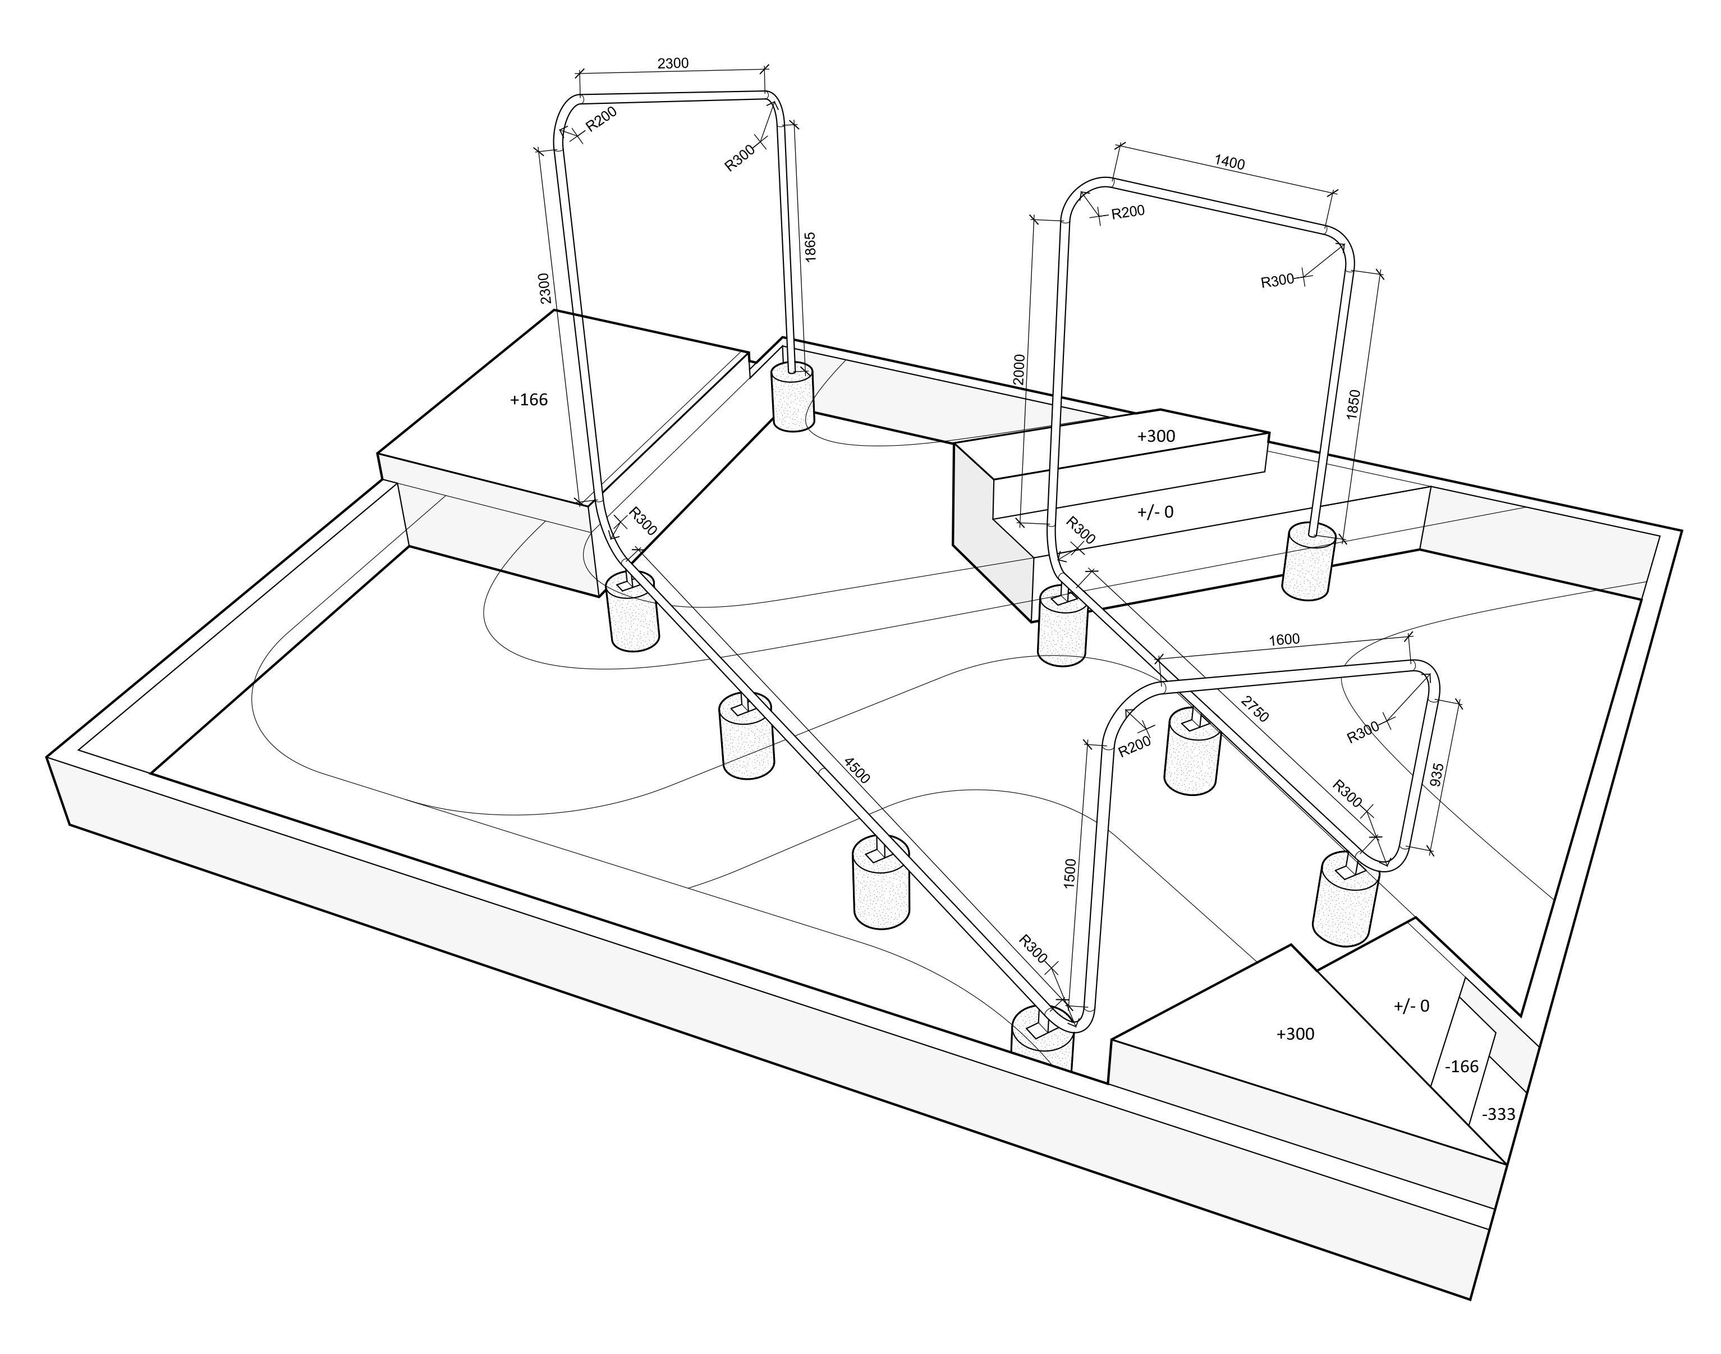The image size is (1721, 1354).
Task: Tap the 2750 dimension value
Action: [1255, 708]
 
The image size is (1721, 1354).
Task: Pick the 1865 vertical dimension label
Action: [810, 246]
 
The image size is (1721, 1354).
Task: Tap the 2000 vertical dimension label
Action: [1019, 369]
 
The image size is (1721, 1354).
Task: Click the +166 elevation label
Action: [529, 400]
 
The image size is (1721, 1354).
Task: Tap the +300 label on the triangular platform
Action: [1296, 1033]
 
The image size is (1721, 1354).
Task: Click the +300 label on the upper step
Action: [1156, 436]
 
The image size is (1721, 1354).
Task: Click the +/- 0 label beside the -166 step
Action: [1411, 1006]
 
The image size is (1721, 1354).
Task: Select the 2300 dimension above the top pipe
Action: [673, 63]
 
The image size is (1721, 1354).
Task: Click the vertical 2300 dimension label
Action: [544, 289]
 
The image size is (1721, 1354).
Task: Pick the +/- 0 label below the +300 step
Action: [1155, 512]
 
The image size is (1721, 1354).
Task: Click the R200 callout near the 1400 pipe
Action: [1127, 212]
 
